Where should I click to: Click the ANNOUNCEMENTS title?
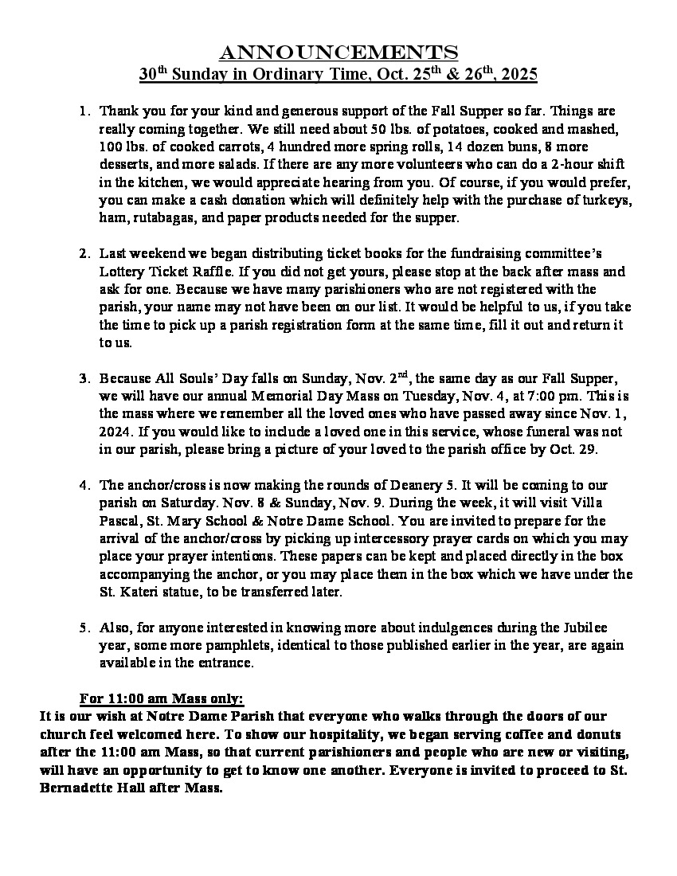338,53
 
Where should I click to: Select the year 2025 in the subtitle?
519,75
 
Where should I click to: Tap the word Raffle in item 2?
211,271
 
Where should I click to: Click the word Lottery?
121,271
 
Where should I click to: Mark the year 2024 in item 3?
116,432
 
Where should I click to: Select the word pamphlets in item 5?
219,645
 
